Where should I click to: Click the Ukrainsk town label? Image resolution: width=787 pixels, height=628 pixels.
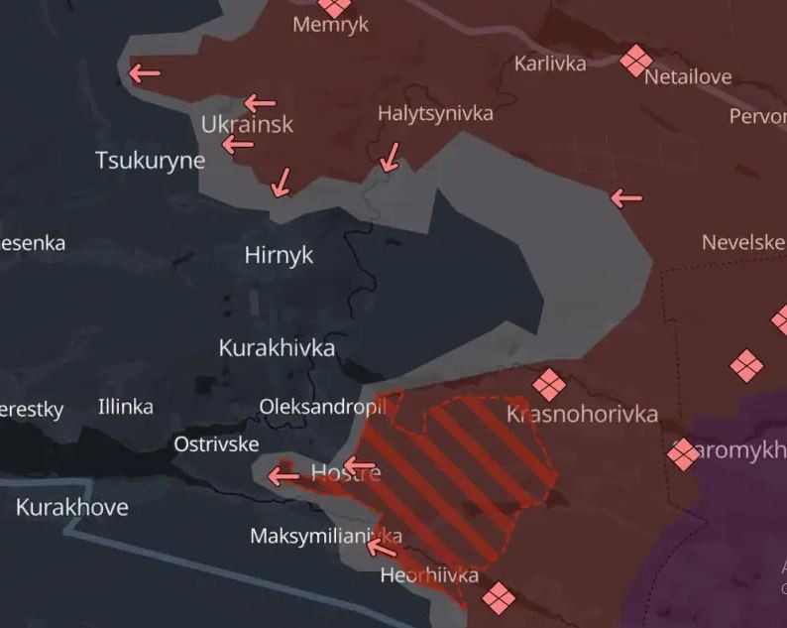(247, 125)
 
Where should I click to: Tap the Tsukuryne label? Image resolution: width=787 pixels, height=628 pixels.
(150, 160)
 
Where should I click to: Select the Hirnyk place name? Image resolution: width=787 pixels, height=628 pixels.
(279, 255)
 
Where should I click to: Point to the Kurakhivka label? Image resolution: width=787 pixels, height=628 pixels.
(277, 348)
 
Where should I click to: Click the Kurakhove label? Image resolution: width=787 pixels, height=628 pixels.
(71, 507)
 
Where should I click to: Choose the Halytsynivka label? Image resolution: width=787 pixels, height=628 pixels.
(435, 114)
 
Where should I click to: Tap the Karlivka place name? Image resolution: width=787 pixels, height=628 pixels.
(550, 63)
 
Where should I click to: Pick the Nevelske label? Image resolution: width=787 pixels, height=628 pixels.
(743, 242)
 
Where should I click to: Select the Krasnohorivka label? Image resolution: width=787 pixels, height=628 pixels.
(582, 413)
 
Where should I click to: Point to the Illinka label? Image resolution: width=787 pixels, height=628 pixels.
(126, 406)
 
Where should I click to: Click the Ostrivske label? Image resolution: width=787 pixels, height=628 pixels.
(216, 443)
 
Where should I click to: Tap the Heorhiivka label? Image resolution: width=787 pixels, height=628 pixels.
(429, 575)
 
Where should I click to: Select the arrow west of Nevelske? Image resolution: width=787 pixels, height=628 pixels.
(626, 198)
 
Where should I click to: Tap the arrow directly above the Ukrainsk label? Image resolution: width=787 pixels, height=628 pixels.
(260, 102)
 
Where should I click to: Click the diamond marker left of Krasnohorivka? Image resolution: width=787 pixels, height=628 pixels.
(548, 385)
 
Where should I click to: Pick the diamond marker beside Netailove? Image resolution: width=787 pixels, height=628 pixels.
(635, 62)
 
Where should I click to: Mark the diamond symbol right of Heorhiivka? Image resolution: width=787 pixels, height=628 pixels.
(499, 597)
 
